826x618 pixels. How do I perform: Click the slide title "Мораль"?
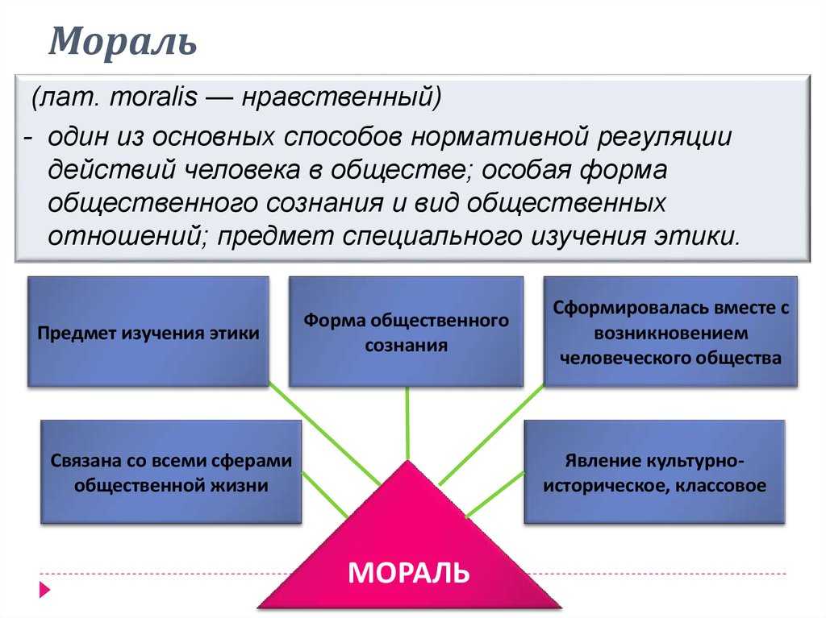(x=123, y=41)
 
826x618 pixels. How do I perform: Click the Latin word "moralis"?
(x=153, y=97)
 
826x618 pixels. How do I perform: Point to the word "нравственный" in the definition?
(x=341, y=97)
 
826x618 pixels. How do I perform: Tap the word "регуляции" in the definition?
(x=665, y=137)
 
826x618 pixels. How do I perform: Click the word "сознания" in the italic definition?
(x=324, y=203)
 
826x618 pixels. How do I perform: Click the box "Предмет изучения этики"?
(x=148, y=332)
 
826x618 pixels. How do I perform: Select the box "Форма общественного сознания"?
(x=407, y=332)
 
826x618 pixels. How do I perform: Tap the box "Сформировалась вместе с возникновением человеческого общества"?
(x=670, y=332)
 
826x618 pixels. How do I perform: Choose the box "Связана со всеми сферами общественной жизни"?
(x=171, y=471)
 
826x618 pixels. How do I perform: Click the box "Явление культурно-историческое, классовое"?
(x=655, y=471)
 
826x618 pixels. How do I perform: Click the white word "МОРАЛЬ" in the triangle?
(x=408, y=572)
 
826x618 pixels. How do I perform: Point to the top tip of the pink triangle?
(x=407, y=461)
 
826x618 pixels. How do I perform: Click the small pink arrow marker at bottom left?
(x=45, y=590)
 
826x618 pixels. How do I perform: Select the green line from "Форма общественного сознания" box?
(x=407, y=424)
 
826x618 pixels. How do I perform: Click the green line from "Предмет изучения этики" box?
(x=324, y=433)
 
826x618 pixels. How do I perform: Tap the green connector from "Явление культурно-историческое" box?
(x=496, y=494)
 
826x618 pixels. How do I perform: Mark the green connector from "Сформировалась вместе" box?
(x=491, y=434)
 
